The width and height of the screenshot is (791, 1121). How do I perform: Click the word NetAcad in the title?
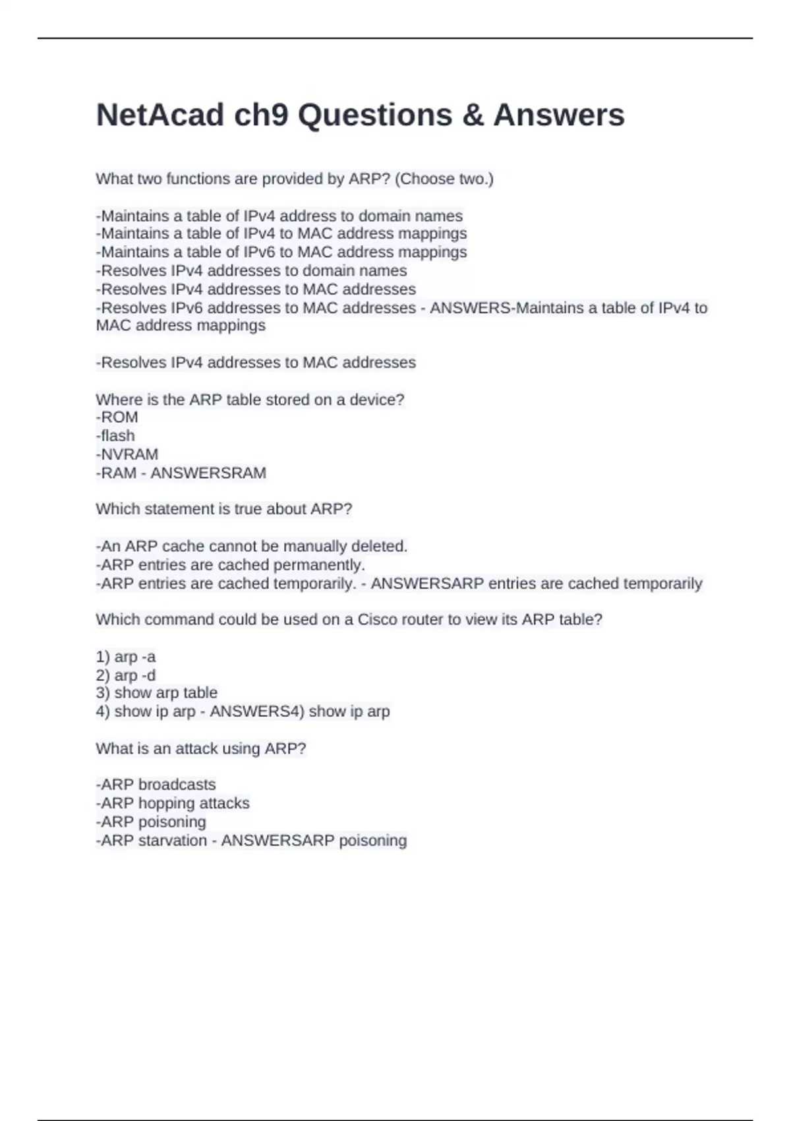(x=160, y=115)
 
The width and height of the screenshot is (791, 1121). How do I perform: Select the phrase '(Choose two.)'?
(x=444, y=179)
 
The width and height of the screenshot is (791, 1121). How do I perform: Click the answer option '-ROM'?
(x=117, y=417)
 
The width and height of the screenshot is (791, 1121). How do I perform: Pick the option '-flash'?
(x=115, y=436)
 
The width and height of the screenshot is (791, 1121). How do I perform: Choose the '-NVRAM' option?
(x=127, y=454)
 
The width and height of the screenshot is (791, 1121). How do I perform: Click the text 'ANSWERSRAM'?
(x=208, y=473)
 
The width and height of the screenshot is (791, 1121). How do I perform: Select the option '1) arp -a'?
(x=126, y=657)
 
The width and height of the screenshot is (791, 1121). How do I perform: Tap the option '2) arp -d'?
(x=126, y=675)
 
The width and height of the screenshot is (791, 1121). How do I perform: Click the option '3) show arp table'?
(x=157, y=693)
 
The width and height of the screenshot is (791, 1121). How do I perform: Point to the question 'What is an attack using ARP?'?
(x=201, y=748)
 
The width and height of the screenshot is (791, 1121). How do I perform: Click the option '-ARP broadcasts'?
(x=156, y=785)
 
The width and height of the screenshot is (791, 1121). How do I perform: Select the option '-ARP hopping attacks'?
(x=173, y=803)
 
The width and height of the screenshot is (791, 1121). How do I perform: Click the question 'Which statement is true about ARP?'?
(x=224, y=509)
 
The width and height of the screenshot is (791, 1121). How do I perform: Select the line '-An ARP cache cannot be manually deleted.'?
(x=252, y=547)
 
